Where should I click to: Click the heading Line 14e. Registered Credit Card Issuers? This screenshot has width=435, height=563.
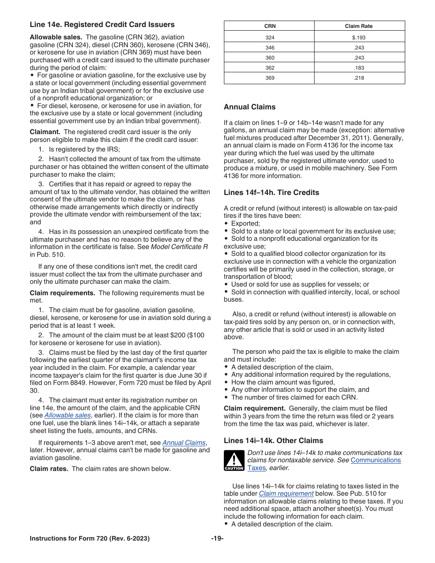pyautogui.click(x=102, y=25)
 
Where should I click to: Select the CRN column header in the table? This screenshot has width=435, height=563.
pyautogui.click(x=270, y=26)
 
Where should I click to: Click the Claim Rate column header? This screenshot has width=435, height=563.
pyautogui.click(x=359, y=26)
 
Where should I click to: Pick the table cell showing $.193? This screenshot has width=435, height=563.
pyautogui.click(x=359, y=38)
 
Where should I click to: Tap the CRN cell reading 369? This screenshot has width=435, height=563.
pyautogui.click(x=270, y=78)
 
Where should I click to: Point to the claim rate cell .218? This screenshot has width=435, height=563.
pyautogui.click(x=359, y=78)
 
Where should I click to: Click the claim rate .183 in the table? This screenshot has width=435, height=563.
pyautogui.click(x=359, y=68)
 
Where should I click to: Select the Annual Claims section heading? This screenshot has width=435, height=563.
pyautogui.click(x=250, y=107)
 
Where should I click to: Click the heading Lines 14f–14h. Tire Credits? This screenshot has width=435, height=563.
pyautogui.click(x=271, y=193)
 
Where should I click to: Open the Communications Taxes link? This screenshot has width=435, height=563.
pyautogui.click(x=375, y=460)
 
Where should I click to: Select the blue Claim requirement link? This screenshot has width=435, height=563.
pyautogui.click(x=286, y=493)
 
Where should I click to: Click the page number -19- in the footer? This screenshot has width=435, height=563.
pyautogui.click(x=217, y=539)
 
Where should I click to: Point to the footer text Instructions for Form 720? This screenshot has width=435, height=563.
pyautogui.click(x=89, y=539)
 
